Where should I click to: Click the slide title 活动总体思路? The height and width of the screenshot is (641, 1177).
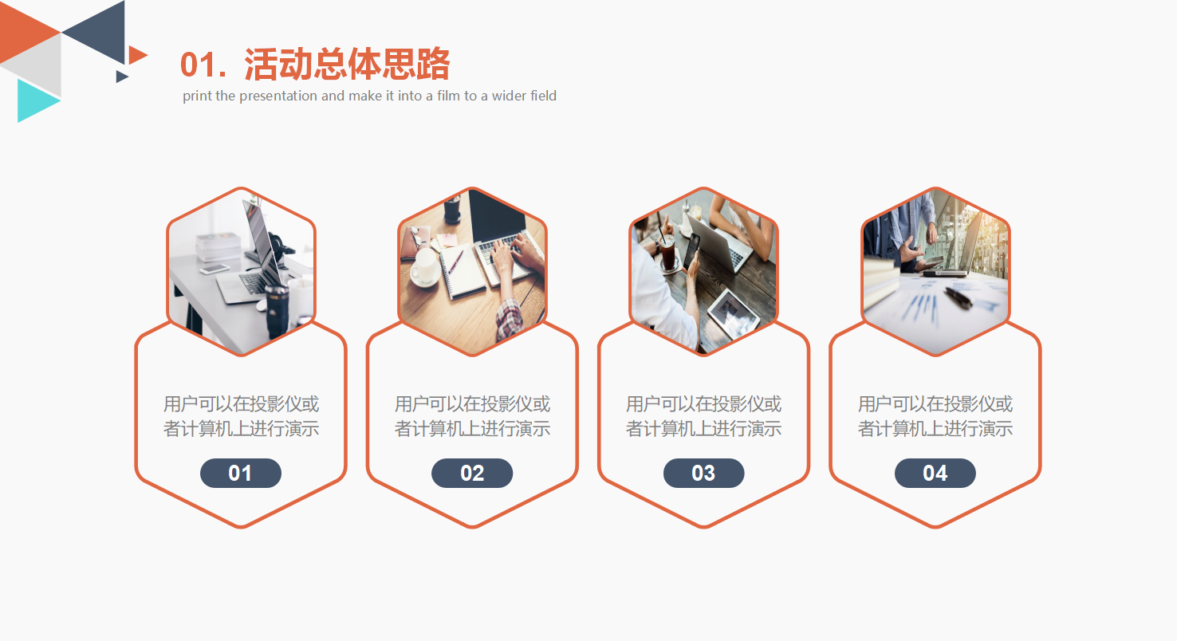tap(347, 65)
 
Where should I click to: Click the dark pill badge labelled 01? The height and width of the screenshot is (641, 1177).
tap(240, 473)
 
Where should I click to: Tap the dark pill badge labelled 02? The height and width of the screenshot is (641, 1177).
tap(472, 473)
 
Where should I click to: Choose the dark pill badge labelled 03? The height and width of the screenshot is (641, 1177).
tap(703, 473)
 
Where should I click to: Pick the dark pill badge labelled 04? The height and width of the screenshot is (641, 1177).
tap(935, 473)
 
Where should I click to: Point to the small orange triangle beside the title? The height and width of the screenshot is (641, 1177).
tap(136, 55)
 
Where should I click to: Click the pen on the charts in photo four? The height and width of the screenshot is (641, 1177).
tap(958, 297)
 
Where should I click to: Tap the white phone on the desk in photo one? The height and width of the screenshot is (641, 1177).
tap(215, 269)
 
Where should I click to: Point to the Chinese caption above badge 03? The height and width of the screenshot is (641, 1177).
tap(703, 416)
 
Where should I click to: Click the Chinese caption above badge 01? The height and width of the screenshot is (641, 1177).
tap(241, 416)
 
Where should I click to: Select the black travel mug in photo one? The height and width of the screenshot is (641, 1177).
tap(277, 311)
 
